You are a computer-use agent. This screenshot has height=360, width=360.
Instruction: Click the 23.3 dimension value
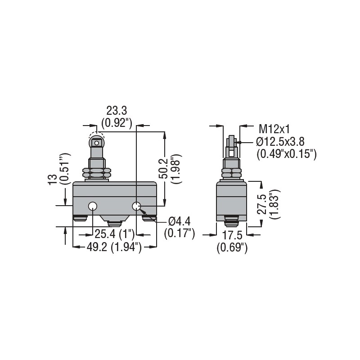tap(117, 111)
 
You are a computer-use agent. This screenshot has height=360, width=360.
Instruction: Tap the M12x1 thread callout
tap(274, 129)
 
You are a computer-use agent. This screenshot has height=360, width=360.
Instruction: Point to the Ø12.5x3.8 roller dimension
tap(280, 142)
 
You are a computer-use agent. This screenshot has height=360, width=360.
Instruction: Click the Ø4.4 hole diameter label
tap(179, 222)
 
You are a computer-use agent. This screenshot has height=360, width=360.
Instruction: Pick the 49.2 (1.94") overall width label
tap(114, 247)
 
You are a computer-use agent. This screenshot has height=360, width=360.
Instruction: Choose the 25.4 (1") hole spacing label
tap(114, 234)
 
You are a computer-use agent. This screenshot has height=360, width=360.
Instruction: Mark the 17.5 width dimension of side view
tap(232, 235)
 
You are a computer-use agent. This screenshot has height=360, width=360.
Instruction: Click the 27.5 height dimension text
tap(262, 204)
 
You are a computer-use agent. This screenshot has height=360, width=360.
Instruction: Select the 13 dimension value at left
tap(53, 179)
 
